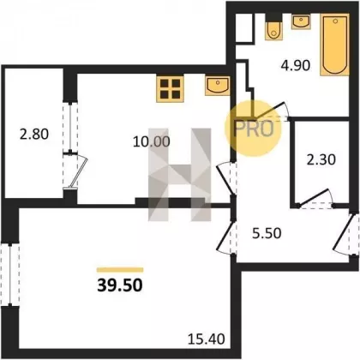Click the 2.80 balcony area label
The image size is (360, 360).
tap(34, 135)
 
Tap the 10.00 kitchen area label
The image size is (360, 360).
tap(152, 141)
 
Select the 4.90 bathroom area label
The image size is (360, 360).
tap(296, 65)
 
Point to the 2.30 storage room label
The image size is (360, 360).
tap(321, 159)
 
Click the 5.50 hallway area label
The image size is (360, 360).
tap(267, 233)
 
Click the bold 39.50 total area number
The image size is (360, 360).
tap(120, 285)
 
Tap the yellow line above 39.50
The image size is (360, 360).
tap(120, 270)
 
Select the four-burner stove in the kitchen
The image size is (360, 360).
tap(170, 89)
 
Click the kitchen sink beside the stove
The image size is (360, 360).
tap(218, 86)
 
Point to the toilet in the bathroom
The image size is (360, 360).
tap(273, 27)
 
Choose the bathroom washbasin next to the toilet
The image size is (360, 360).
tap(301, 21)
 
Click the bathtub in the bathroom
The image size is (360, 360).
tap(335, 45)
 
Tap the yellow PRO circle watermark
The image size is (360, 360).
tap(254, 129)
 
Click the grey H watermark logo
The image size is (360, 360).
tap(179, 175)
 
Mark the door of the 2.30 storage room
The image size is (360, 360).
tap(315, 199)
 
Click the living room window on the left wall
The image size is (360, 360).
tap(10, 274)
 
